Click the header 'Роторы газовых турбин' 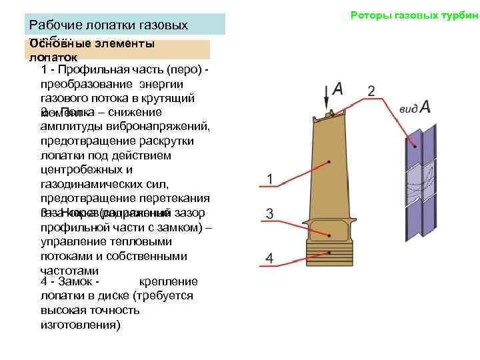415,15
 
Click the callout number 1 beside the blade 269,179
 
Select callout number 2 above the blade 371,90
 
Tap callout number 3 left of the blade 269,213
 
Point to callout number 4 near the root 269,257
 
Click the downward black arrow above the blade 326,98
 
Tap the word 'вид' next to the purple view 407,109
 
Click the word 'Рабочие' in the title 54,25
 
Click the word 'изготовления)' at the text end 80,325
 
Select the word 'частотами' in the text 69,271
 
